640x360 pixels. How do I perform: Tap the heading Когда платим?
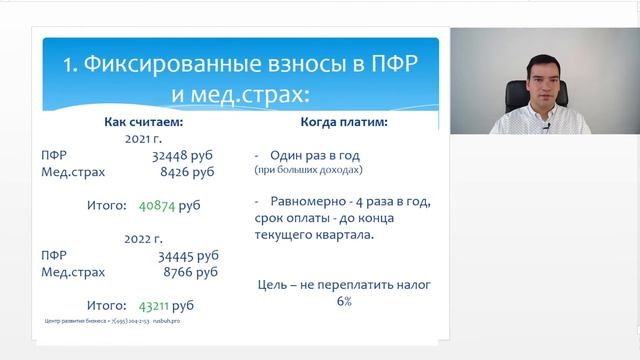(344, 122)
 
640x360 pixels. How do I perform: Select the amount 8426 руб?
(194, 172)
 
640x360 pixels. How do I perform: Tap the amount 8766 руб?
(194, 271)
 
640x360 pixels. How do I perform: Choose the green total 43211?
(156, 304)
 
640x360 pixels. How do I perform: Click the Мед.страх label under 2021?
(73, 172)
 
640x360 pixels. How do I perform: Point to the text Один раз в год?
(314, 156)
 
